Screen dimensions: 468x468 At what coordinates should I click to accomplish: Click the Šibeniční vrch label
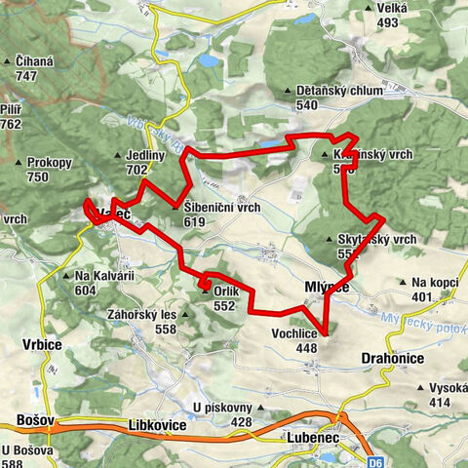220,208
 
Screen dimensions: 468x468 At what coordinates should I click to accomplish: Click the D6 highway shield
376,461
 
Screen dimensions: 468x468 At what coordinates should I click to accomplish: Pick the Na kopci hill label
434,283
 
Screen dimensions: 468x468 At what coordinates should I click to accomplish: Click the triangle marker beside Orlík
205,290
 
